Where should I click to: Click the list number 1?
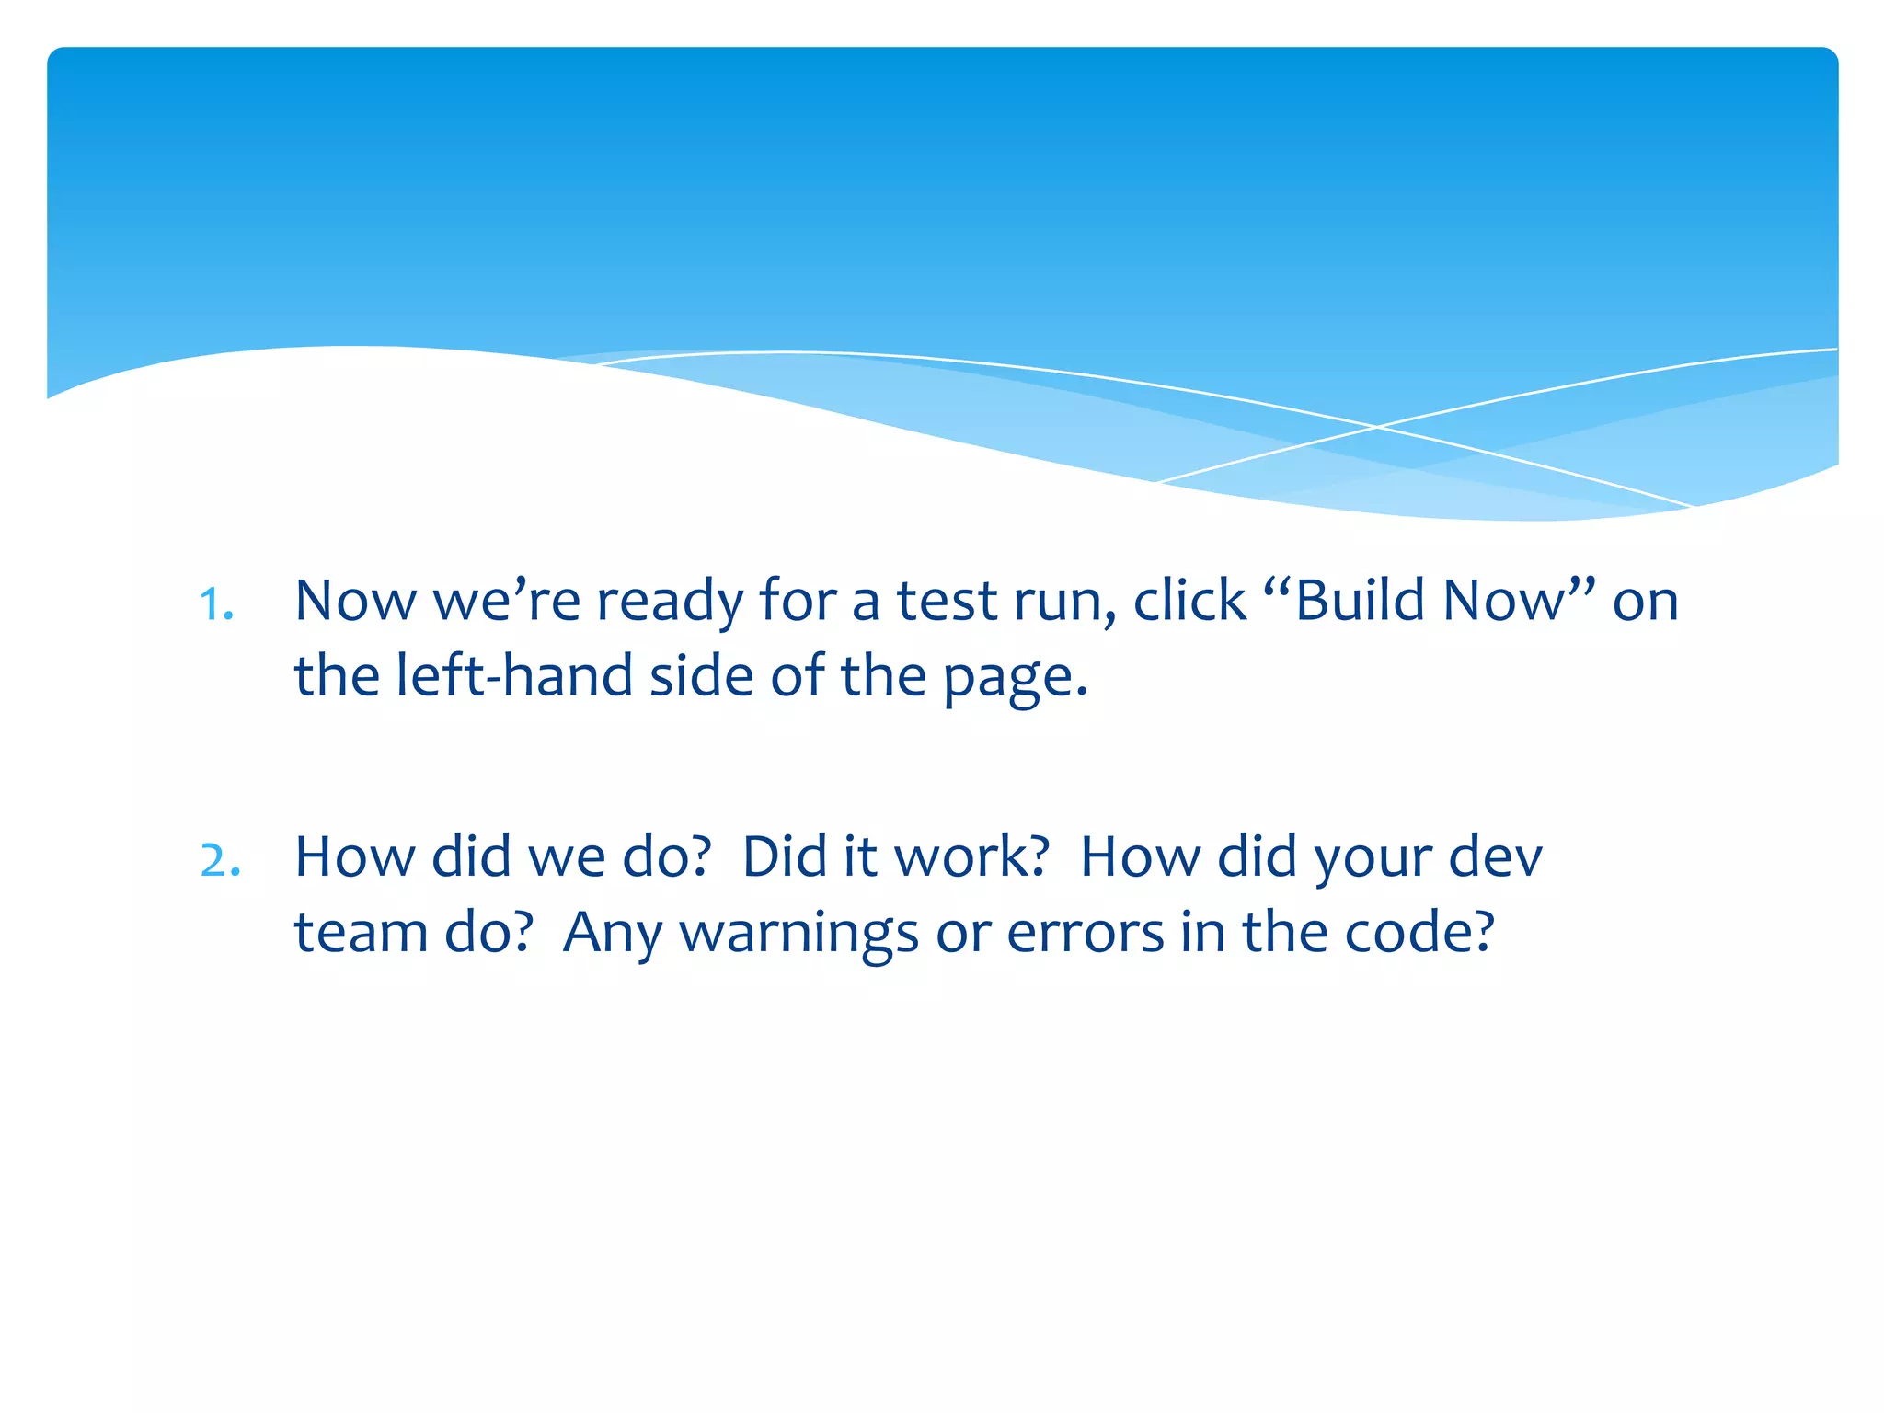pos(217,604)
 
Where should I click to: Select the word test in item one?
pos(947,601)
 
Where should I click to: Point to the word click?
pos(1189,601)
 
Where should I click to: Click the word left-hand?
pos(513,676)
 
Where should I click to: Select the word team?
pos(361,933)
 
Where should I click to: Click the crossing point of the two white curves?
pos(1377,427)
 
